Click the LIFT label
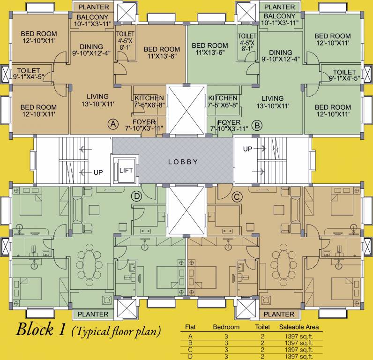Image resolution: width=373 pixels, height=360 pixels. coord(126,170)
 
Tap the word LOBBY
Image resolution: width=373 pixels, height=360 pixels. coord(183,162)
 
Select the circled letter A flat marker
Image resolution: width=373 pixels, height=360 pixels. coord(113,124)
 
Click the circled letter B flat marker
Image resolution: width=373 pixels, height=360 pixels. coord(257,125)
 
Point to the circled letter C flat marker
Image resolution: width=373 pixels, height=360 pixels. coord(237,197)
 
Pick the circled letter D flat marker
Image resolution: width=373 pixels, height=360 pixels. coord(137,196)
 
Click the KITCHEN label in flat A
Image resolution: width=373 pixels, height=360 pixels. coord(149,98)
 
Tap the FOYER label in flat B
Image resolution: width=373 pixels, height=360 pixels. coord(229,122)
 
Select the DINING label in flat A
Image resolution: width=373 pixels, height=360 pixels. coord(91,46)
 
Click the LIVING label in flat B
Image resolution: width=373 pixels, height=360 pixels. coord(273,98)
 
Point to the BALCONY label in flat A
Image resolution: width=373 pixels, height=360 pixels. coord(92,17)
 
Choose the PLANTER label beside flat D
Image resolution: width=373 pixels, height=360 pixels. coord(93,314)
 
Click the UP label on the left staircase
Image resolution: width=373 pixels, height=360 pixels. coord(98,172)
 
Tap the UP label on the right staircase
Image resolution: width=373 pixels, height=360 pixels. coord(247,149)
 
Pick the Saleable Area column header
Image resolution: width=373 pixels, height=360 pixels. coord(299,327)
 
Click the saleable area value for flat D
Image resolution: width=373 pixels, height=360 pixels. coord(299,356)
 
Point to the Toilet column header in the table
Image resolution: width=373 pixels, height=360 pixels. coord(262,327)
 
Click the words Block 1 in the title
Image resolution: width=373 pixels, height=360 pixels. coord(40,330)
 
